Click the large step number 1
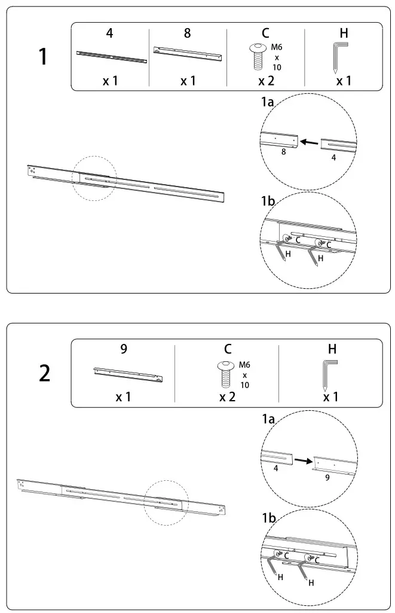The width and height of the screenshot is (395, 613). coord(42,57)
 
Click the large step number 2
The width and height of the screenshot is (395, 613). coord(45,373)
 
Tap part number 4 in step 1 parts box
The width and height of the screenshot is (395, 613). coord(109,33)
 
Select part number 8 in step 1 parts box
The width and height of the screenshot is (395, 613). coord(188,33)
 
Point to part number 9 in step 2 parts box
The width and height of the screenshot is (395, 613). coord(123,349)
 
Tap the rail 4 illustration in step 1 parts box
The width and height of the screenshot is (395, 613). coord(112,57)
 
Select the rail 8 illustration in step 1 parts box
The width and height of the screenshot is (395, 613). coord(189,54)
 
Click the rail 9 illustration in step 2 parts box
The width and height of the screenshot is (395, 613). coord(128,374)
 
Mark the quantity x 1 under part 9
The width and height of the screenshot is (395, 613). coord(124,397)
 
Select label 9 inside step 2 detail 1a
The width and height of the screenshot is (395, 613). coord(327,478)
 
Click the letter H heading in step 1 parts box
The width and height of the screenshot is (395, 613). coord(344,33)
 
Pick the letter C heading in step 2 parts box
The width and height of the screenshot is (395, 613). coord(228,349)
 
